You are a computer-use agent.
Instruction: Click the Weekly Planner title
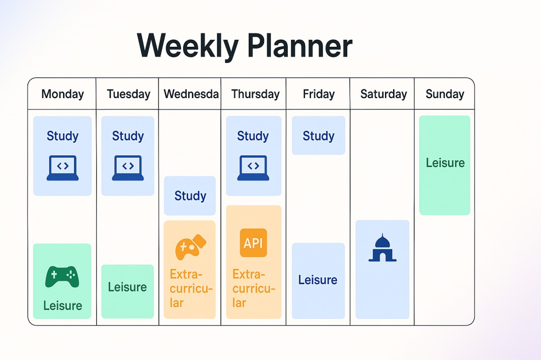[x=245, y=46]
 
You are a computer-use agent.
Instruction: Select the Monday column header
[x=62, y=94]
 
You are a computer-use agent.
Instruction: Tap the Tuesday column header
[x=128, y=94]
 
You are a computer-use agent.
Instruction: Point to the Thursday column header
[x=255, y=94]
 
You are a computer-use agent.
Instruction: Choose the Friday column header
[x=319, y=94]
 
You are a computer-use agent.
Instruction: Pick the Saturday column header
[x=383, y=94]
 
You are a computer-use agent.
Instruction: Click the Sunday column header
[x=445, y=94]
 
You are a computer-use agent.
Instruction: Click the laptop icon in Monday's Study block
[x=62, y=168]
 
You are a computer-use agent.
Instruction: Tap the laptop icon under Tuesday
[x=128, y=168]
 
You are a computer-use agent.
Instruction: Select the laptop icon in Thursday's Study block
[x=253, y=168]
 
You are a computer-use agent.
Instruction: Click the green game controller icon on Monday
[x=62, y=277]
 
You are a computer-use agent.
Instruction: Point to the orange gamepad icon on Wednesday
[x=191, y=247]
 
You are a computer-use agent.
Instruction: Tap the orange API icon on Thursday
[x=253, y=243]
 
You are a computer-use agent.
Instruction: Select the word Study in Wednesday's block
[x=190, y=196]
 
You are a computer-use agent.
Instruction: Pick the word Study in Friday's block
[x=319, y=136]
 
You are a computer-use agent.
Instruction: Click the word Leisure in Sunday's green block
[x=445, y=163]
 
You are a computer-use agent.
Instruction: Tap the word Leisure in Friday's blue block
[x=318, y=280]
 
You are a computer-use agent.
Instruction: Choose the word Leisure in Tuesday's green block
[x=127, y=287]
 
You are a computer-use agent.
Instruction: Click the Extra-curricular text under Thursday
[x=254, y=289]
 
